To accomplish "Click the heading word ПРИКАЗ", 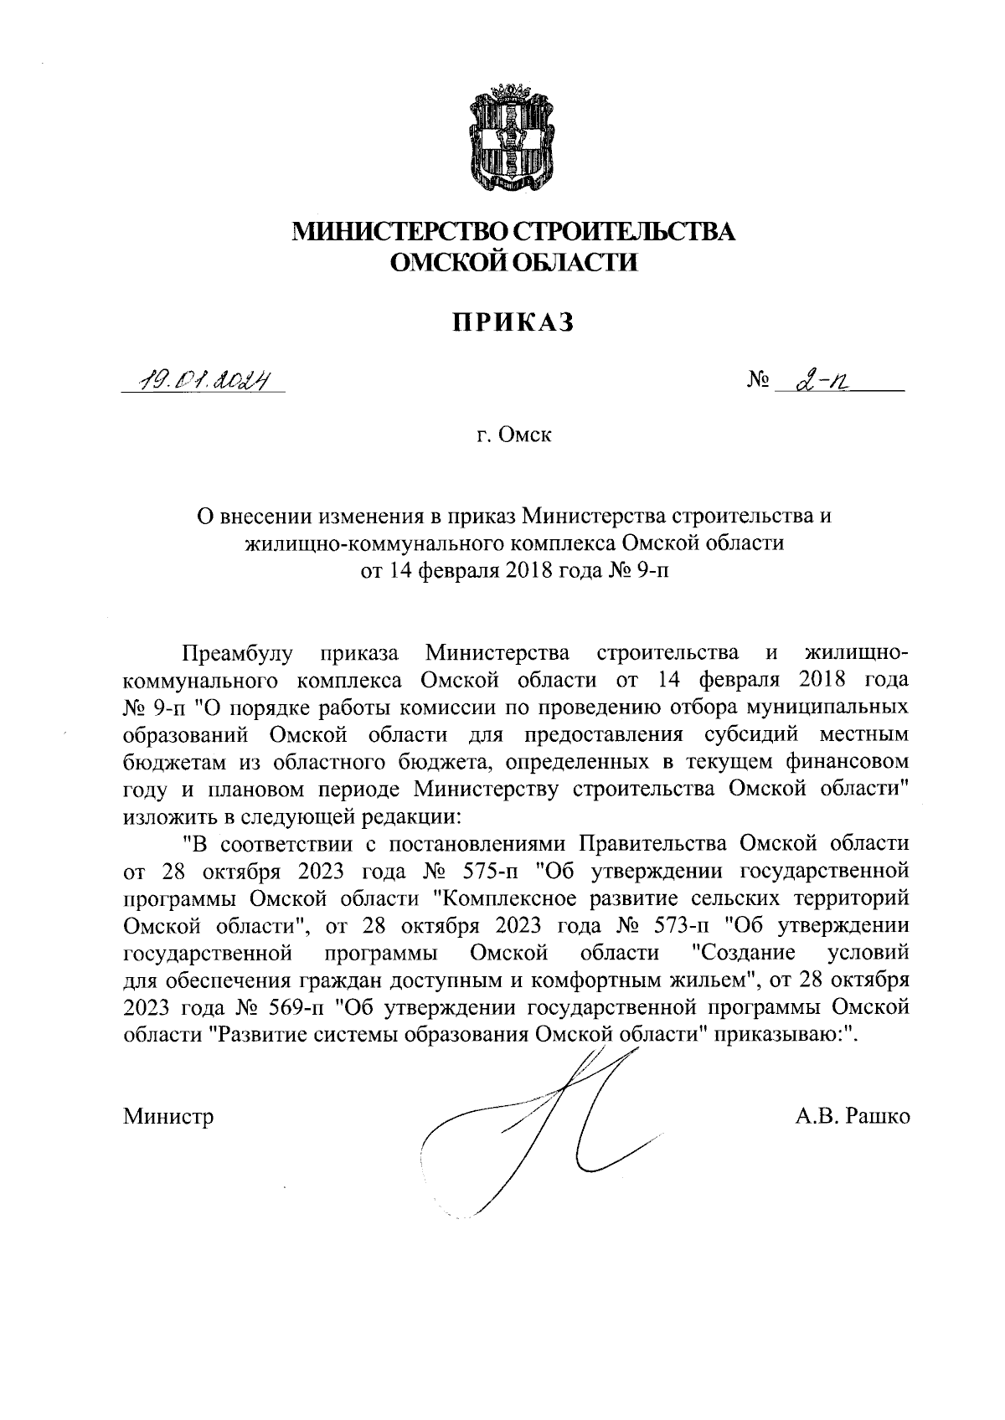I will [513, 322].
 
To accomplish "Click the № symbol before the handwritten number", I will [757, 383].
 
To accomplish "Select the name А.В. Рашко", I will [853, 1116].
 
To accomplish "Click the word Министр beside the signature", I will [168, 1116].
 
